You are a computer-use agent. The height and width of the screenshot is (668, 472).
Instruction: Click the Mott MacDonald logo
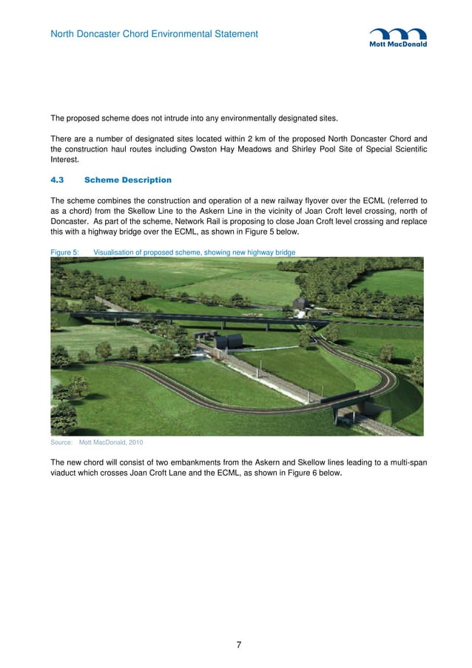[398, 38]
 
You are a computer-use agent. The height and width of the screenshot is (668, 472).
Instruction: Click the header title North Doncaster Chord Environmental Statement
[154, 34]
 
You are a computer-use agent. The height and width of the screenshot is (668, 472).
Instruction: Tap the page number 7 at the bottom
[238, 645]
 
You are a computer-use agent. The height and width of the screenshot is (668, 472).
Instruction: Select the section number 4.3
[58, 180]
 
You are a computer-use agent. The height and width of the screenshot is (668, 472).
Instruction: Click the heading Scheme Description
[128, 180]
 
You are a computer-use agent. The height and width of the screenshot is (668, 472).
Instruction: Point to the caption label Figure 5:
[64, 252]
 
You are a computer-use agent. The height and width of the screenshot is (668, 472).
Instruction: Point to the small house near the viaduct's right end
[301, 304]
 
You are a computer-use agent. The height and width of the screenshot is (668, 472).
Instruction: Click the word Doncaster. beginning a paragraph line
[73, 221]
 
